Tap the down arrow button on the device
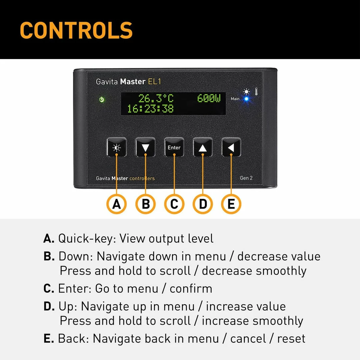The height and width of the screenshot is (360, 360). (x=145, y=147)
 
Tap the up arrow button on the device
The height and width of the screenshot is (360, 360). (x=203, y=147)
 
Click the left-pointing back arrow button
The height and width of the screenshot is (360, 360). (x=231, y=147)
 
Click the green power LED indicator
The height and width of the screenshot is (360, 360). (x=102, y=99)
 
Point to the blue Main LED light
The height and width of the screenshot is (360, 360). (x=246, y=99)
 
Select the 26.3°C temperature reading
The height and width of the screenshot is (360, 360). (x=156, y=98)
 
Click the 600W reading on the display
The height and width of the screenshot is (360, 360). (x=209, y=98)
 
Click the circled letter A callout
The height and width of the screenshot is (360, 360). (x=116, y=204)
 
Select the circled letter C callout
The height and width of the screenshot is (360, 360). (x=174, y=204)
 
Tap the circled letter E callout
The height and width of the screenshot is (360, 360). (x=231, y=204)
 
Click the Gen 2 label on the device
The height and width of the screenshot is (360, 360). (x=246, y=178)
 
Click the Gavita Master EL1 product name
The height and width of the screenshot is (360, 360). (x=128, y=82)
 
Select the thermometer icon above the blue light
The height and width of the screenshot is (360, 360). (x=256, y=91)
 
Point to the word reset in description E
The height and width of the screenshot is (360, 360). (x=291, y=339)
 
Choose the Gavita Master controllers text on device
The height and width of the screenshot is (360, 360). (x=125, y=178)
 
